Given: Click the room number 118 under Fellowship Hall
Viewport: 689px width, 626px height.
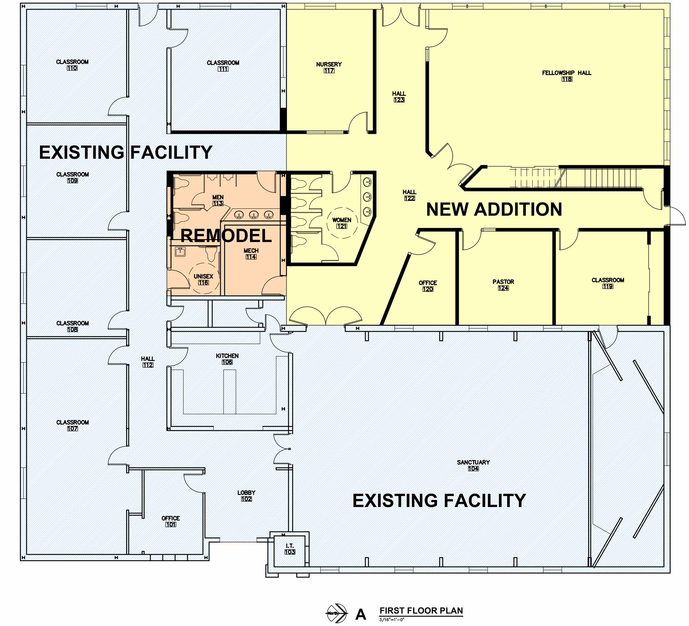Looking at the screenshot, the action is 567,79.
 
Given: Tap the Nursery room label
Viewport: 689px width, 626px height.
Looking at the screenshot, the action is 329,67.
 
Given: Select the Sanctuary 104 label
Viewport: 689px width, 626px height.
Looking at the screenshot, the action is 473,465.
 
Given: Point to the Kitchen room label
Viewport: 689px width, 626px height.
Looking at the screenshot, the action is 227,359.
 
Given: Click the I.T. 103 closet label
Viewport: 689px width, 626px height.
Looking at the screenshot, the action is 290,549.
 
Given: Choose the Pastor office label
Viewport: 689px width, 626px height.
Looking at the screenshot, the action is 503,285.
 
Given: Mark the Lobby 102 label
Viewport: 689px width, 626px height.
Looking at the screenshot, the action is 246,496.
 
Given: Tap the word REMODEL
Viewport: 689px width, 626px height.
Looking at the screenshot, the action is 226,236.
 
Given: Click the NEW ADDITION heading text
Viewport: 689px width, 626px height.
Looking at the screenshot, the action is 494,209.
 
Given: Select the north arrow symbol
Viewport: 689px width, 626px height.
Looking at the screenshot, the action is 336,613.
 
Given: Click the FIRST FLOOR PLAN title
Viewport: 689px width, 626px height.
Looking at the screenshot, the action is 421,610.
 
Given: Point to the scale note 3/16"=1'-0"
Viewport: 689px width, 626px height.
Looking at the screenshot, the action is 392,620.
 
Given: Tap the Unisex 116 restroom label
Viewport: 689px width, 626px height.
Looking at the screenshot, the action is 203,279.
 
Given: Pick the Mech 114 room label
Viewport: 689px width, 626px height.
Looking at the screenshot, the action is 251,254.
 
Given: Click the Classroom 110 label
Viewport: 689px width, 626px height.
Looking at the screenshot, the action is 72,65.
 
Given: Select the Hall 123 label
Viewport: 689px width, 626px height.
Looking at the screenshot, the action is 399,97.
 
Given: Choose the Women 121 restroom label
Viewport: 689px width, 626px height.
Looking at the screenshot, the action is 342,223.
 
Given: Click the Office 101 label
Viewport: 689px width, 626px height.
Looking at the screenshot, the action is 171,521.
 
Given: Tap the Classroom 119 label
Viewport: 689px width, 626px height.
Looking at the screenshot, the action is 608,283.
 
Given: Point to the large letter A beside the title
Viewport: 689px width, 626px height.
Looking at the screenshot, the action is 361,614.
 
